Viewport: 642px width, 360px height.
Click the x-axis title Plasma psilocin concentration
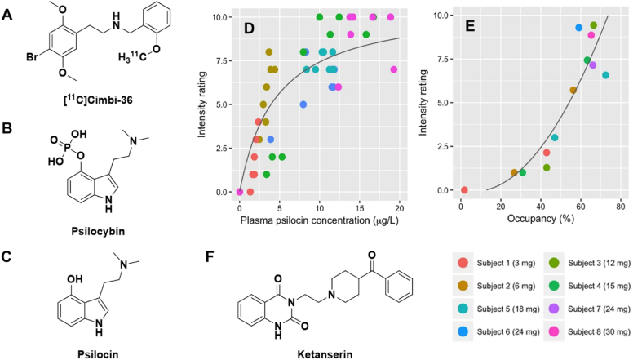click(x=319, y=220)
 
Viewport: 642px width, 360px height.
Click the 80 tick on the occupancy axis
click(x=621, y=207)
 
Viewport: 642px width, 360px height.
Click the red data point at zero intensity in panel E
click(x=464, y=190)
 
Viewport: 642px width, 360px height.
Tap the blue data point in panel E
click(x=578, y=28)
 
